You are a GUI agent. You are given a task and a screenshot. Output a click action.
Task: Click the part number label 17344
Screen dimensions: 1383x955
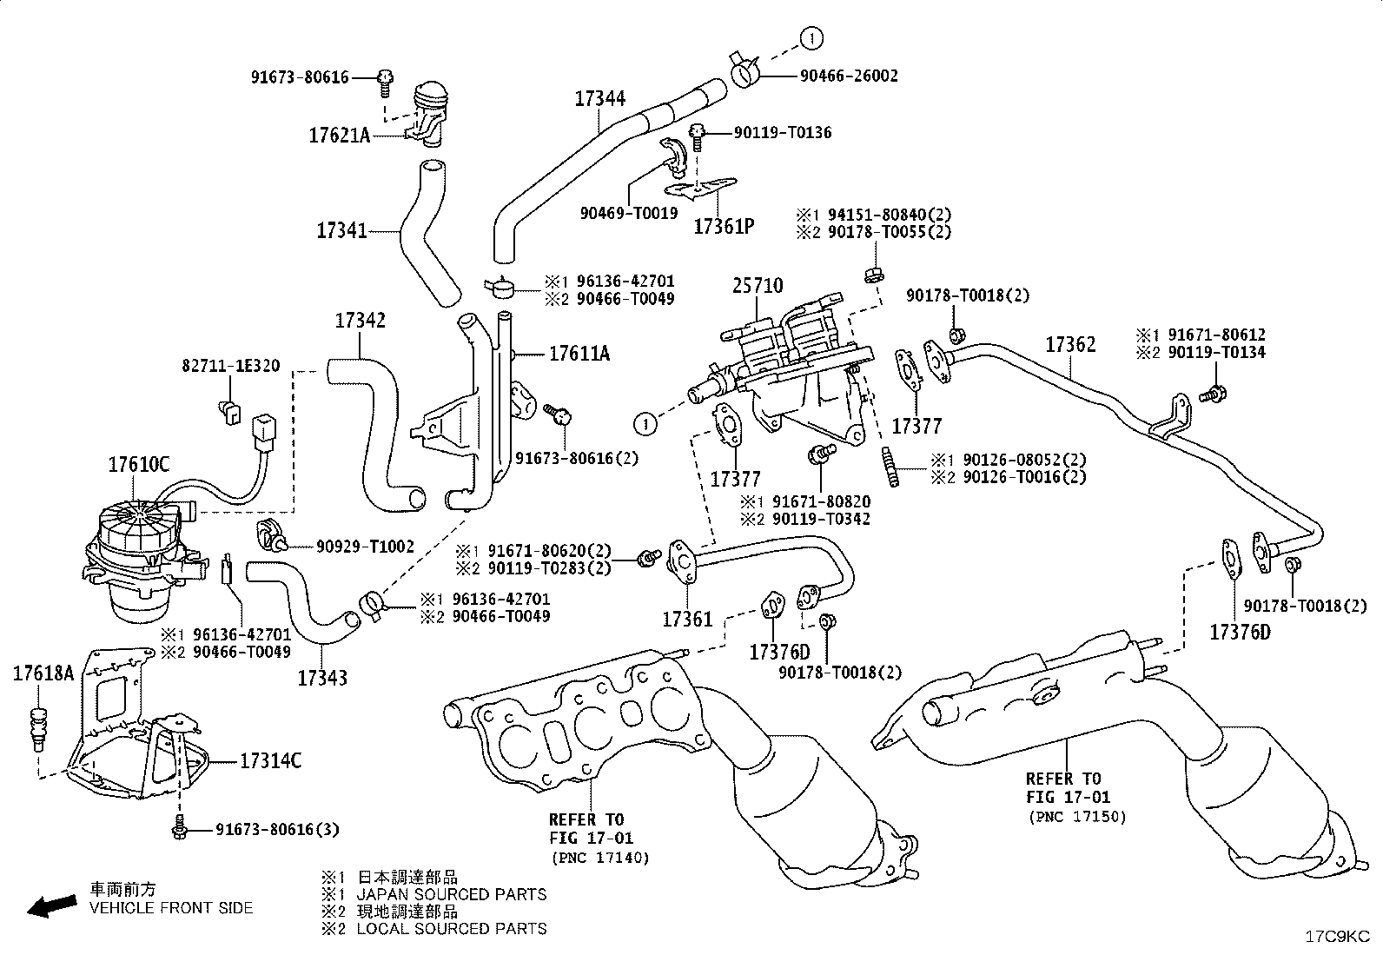click(x=599, y=98)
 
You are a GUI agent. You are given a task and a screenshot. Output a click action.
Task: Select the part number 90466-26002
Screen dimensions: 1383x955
click(x=849, y=76)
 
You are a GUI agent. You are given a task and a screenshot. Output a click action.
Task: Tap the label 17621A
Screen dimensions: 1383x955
click(x=339, y=136)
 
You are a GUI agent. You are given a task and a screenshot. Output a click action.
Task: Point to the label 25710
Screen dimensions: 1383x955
click(x=757, y=285)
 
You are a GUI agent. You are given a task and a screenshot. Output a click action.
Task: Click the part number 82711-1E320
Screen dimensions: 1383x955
click(x=231, y=366)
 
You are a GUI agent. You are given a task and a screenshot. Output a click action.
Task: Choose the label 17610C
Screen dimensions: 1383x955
click(x=138, y=465)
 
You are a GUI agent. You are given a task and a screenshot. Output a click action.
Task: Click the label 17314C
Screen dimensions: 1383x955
click(x=270, y=761)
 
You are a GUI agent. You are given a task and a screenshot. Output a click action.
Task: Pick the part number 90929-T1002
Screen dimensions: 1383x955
click(x=365, y=547)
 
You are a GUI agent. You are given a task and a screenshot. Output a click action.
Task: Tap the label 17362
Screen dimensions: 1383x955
click(x=1070, y=345)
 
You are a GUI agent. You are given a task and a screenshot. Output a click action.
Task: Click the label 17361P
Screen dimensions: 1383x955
click(x=725, y=227)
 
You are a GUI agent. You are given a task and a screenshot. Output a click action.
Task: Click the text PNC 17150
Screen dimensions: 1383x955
click(x=1082, y=817)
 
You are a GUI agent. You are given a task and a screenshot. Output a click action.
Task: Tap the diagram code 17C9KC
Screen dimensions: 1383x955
click(x=1337, y=937)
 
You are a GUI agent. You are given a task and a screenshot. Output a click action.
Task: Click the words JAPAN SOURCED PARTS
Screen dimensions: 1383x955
click(x=452, y=894)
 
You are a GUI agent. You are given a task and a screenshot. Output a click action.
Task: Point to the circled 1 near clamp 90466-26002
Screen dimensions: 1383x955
click(x=811, y=39)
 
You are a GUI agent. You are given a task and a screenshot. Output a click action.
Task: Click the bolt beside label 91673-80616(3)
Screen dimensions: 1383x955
click(x=179, y=827)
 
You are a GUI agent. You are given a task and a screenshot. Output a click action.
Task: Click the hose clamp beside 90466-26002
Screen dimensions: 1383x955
click(x=744, y=70)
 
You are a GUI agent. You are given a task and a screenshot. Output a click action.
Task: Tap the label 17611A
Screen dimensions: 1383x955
click(x=579, y=354)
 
